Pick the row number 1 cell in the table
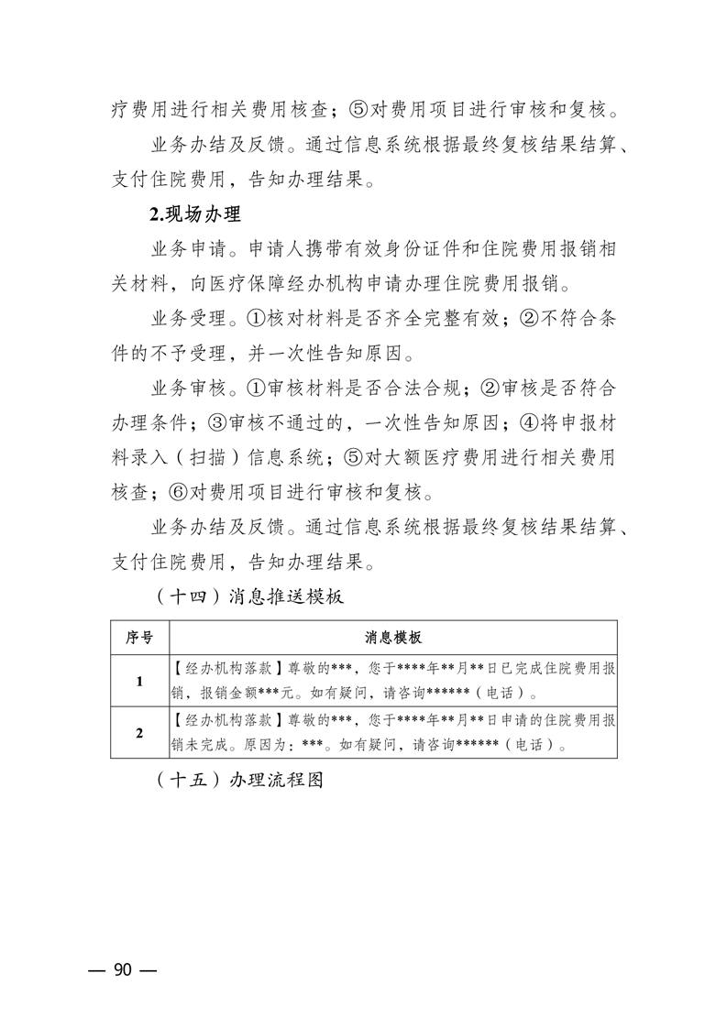click(x=139, y=681)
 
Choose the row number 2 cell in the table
click(x=139, y=732)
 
